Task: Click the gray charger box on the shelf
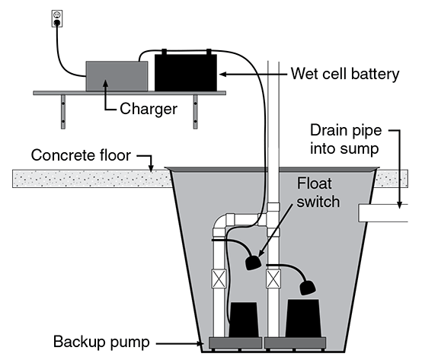117,75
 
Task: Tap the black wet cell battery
185,72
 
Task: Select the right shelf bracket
196,110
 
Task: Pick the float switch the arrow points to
254,263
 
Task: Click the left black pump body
244,320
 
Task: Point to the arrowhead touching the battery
222,74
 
